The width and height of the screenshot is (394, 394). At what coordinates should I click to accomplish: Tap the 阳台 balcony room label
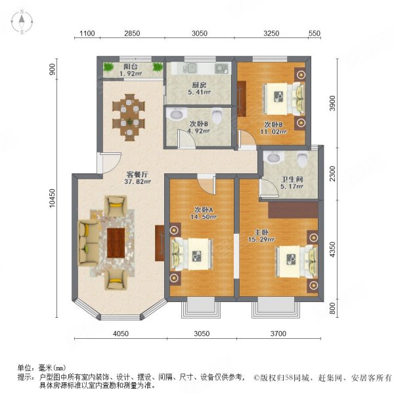click(x=130, y=66)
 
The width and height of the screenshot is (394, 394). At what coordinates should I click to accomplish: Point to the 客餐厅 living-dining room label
click(x=138, y=175)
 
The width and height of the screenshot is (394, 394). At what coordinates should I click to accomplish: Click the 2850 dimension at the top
click(x=132, y=33)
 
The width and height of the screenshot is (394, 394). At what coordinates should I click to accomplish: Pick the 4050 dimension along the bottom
click(x=120, y=334)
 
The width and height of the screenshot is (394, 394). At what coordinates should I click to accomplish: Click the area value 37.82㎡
click(x=139, y=184)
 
